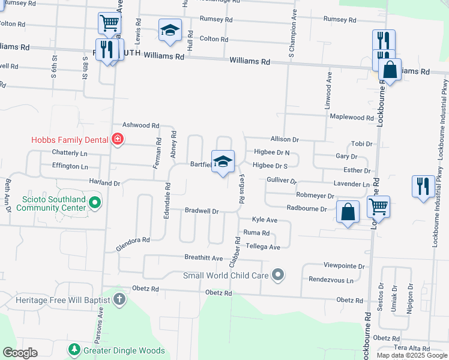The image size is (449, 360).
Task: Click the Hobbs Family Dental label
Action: pyautogui.click(x=71, y=140)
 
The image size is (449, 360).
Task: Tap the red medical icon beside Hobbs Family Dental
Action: pyautogui.click(x=118, y=140)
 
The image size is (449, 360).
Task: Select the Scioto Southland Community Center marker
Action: pyautogui.click(x=95, y=203)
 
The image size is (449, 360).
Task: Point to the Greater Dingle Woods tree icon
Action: pyautogui.click(x=74, y=349)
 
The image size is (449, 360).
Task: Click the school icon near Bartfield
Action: pyautogui.click(x=223, y=161)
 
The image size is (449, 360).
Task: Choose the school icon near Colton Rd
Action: pyautogui.click(x=170, y=29)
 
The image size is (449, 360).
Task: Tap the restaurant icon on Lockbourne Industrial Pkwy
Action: pyautogui.click(x=423, y=187)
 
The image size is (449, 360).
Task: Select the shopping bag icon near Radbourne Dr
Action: pyautogui.click(x=348, y=212)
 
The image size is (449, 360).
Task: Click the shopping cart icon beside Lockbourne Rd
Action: pyautogui.click(x=378, y=207)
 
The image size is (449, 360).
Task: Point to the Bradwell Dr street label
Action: pyautogui.click(x=202, y=211)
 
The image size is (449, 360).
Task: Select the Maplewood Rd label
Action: pyautogui.click(x=352, y=118)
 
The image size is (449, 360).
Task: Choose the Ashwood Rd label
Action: pyautogui.click(x=140, y=125)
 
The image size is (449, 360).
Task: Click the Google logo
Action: pyautogui.click(x=20, y=353)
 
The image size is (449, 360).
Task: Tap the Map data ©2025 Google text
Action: pyautogui.click(x=411, y=355)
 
